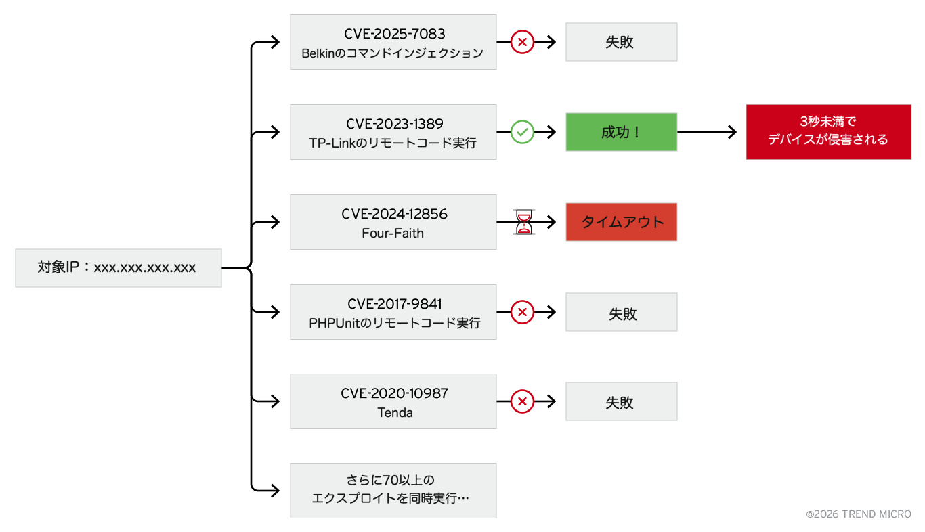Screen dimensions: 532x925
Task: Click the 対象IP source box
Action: pyautogui.click(x=118, y=268)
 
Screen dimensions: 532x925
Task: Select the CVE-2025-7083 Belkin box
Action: pyautogui.click(x=393, y=42)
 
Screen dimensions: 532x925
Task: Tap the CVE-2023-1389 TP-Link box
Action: pyautogui.click(x=393, y=132)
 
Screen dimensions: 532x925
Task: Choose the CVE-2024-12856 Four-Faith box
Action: pyautogui.click(x=393, y=222)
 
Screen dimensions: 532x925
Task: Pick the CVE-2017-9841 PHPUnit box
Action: pyautogui.click(x=393, y=312)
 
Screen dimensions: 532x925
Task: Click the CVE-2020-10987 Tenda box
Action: pyautogui.click(x=393, y=401)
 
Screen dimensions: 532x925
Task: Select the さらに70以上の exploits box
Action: pyautogui.click(x=393, y=491)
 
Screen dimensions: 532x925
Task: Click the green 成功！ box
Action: pyautogui.click(x=621, y=132)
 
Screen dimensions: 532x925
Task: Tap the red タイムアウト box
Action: pyautogui.click(x=621, y=222)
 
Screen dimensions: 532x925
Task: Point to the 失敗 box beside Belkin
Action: pyautogui.click(x=621, y=42)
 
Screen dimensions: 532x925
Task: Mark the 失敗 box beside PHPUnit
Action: pyautogui.click(x=621, y=312)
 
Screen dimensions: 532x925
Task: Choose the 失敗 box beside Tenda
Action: pyautogui.click(x=621, y=401)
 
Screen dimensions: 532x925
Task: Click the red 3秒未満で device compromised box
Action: pyautogui.click(x=828, y=132)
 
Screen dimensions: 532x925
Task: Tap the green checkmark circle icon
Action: pyautogui.click(x=522, y=132)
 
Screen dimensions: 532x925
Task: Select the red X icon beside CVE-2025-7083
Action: pyautogui.click(x=522, y=42)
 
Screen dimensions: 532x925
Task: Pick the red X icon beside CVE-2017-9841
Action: pyautogui.click(x=522, y=312)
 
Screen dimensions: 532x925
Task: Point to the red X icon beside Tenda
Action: pyautogui.click(x=522, y=401)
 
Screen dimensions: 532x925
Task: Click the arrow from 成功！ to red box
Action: pyautogui.click(x=707, y=132)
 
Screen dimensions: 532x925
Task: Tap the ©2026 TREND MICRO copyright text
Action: pyautogui.click(x=858, y=514)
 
